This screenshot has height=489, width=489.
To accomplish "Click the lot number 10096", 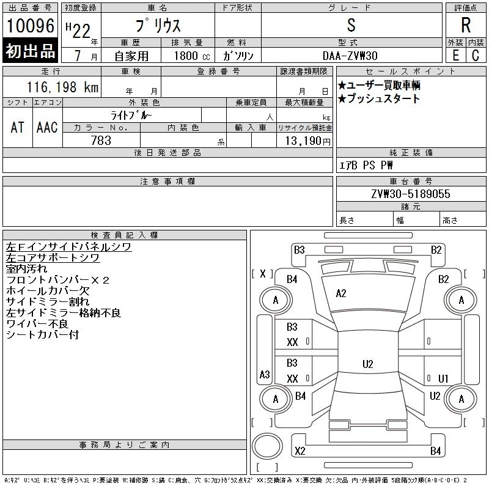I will coord(30,26).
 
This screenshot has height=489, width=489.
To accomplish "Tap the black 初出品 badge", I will coord(30,51).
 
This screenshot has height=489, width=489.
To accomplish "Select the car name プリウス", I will coord(158,26).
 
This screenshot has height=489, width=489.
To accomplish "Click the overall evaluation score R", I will coord(466,26).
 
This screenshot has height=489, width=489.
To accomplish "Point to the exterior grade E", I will coord(455,55).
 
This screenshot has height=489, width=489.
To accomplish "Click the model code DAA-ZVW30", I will coord(351,56).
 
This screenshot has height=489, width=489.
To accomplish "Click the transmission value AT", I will coord(17,127).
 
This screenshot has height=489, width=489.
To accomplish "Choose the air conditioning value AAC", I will coord(47,127).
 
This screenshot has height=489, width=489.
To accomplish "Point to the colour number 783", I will coord(101,141).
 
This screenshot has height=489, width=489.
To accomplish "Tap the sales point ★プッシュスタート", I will coord(379,99).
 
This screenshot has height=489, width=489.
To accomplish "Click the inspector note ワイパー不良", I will coord(37,324).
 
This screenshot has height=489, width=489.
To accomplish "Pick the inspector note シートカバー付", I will coord(42,335).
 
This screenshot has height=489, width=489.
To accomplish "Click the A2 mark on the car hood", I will coord(341,293).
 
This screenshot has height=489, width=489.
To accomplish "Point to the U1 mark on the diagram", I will coord(443,378).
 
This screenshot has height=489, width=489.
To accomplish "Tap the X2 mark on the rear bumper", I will coord(300,451).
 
